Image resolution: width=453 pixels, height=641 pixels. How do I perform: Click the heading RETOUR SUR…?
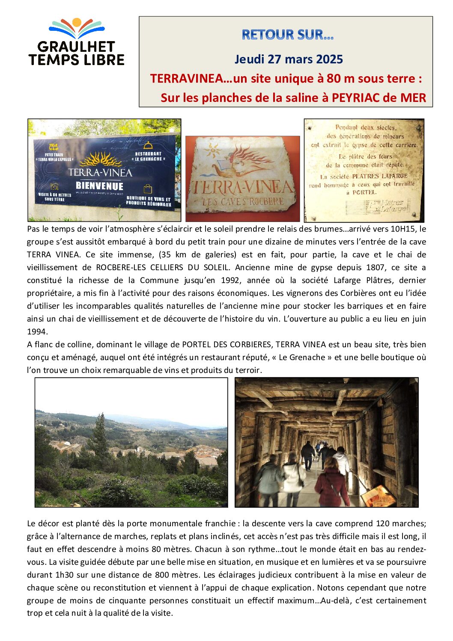[287, 35]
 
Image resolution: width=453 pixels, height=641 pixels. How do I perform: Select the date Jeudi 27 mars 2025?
[289, 59]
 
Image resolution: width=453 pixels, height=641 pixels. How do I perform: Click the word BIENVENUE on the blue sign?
[99, 186]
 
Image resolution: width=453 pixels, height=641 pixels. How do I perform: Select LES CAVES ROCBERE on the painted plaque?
[243, 201]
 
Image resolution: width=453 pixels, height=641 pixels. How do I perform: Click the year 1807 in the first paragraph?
[375, 267]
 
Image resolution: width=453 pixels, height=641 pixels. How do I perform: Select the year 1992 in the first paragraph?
[230, 280]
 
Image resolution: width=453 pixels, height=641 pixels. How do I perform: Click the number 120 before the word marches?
[382, 523]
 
